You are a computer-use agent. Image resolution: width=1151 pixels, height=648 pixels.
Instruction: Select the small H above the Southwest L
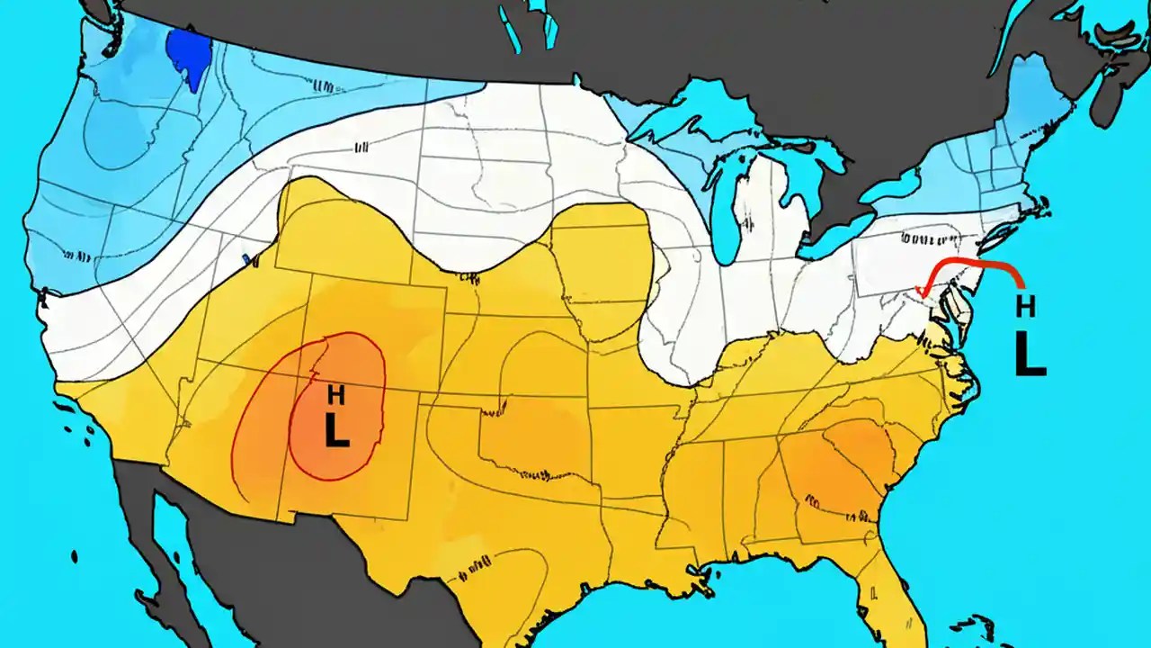pos(335,394)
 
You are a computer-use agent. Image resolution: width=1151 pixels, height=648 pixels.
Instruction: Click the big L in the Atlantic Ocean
pos(1030,355)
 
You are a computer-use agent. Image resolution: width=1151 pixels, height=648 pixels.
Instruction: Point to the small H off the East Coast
pos(1024,306)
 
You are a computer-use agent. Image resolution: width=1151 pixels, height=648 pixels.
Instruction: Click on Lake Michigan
pos(725,216)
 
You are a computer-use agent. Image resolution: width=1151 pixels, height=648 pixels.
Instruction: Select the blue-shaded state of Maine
pos(1034,99)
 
